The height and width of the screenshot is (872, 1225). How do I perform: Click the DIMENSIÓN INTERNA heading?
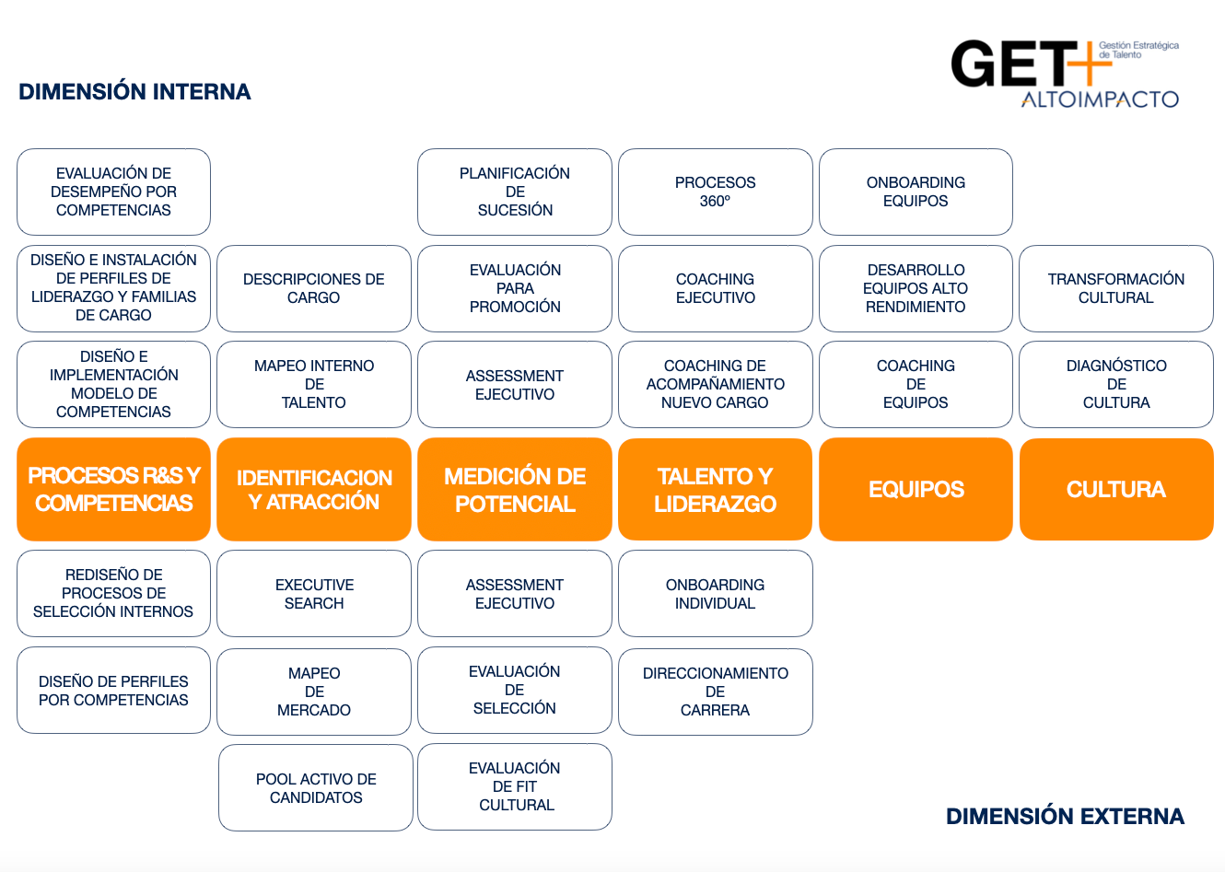click(134, 92)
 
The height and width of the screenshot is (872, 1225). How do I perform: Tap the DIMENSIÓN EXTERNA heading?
click(1065, 817)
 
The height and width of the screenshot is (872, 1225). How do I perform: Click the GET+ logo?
click(1064, 74)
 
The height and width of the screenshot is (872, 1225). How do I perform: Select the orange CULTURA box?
click(1116, 489)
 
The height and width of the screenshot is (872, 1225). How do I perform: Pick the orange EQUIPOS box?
click(916, 489)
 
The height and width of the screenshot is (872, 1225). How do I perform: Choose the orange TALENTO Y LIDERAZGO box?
click(715, 489)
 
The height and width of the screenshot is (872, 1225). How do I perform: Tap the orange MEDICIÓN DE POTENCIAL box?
click(515, 489)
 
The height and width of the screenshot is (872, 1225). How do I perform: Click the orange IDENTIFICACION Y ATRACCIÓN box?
click(314, 489)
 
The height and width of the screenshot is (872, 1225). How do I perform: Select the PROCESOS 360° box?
click(715, 192)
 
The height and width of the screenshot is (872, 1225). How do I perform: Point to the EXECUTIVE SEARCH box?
click(314, 594)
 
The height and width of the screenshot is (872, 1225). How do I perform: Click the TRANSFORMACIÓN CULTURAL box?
click(1116, 288)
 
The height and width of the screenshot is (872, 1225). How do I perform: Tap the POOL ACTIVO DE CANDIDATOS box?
click(316, 788)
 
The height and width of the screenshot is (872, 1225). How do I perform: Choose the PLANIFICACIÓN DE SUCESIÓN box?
click(515, 192)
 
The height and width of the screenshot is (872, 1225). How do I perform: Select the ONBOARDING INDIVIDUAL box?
click(715, 594)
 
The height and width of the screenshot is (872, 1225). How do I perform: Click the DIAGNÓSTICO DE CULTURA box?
click(1116, 384)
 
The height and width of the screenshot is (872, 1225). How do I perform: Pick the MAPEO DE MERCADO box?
click(314, 692)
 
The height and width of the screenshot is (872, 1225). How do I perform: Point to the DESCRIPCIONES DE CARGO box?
click(314, 288)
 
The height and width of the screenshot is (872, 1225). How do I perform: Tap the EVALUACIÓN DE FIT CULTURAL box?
click(515, 786)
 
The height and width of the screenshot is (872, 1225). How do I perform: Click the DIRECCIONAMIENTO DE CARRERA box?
click(715, 692)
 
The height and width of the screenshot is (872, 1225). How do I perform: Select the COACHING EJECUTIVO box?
click(715, 288)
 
